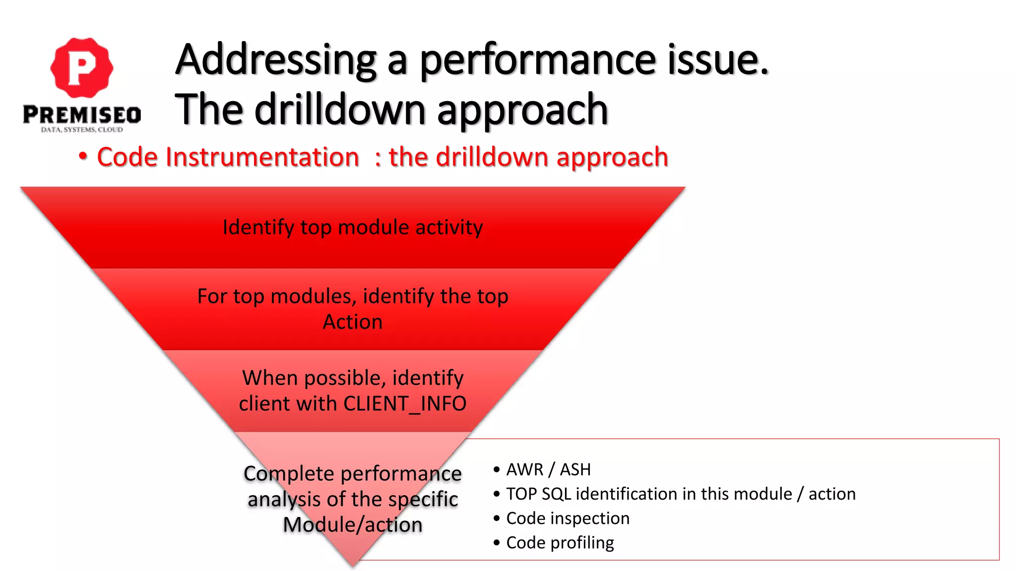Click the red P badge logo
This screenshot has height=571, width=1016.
click(x=82, y=68)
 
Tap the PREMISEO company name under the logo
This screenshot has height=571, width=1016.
click(x=82, y=115)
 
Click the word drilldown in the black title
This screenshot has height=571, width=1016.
click(x=340, y=110)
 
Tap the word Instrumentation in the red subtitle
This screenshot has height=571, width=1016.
click(x=262, y=157)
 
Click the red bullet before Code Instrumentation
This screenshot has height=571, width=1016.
click(x=83, y=157)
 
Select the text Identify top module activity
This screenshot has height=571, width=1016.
click(x=352, y=228)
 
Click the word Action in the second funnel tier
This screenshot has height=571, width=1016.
click(x=352, y=322)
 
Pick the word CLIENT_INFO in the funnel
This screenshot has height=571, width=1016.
click(x=405, y=403)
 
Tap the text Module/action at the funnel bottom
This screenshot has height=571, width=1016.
click(x=352, y=525)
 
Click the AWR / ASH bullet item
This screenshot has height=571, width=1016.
click(x=548, y=469)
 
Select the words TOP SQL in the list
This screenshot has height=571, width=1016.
click(x=538, y=494)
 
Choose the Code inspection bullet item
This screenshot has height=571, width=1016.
click(x=568, y=518)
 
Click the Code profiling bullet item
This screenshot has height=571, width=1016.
click(x=560, y=543)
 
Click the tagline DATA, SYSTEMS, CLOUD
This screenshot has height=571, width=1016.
click(x=82, y=130)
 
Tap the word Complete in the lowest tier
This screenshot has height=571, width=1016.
click(x=288, y=474)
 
